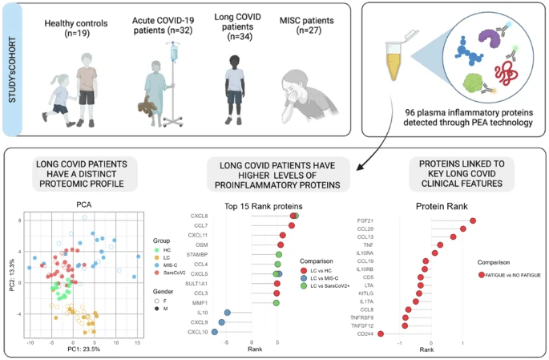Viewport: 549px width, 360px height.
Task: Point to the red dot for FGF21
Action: point(474,220)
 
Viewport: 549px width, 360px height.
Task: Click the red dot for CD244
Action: point(381,334)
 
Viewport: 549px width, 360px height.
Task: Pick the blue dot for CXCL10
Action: point(214,331)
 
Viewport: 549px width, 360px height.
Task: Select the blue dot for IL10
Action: point(228,313)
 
